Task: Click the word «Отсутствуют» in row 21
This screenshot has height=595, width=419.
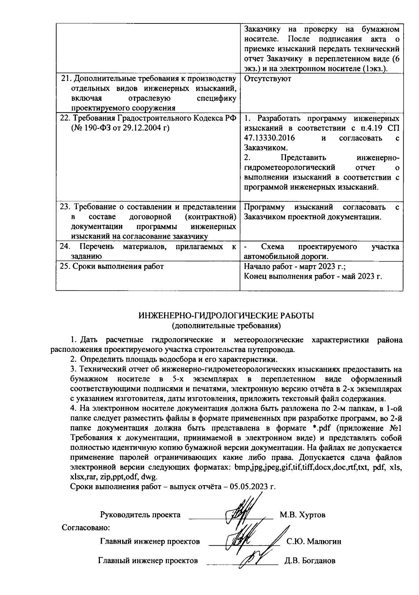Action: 267,79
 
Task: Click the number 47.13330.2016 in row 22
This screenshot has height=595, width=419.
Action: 269,138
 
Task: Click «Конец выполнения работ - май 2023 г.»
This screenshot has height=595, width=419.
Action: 313,276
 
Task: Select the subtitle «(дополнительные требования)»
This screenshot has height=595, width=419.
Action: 226,326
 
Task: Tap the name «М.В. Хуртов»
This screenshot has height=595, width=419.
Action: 302,515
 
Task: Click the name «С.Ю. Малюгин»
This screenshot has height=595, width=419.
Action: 314,541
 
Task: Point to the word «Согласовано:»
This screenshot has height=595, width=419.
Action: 86,527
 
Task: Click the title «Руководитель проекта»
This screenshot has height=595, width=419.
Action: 140,515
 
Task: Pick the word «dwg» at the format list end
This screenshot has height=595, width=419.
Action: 149,477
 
